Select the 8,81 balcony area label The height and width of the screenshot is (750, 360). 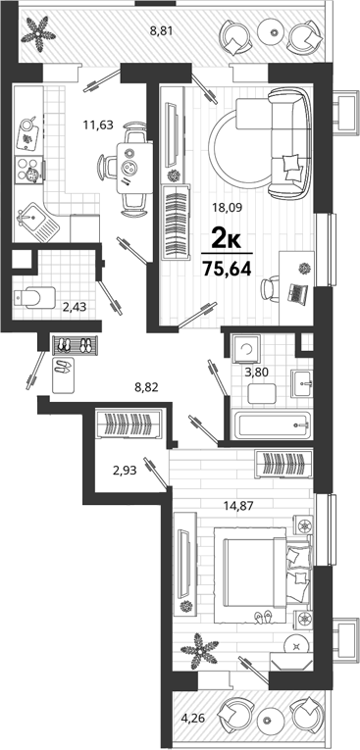[x=161, y=31]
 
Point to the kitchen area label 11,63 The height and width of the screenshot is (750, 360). [x=98, y=125]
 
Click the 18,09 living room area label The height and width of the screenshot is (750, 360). [x=228, y=208]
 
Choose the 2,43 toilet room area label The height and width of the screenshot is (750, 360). [x=75, y=307]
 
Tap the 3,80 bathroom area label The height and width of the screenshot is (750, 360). [x=256, y=372]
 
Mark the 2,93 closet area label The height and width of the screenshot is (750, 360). [x=125, y=471]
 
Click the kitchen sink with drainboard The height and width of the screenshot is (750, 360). [x=37, y=222]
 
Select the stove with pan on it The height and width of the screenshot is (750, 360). [x=29, y=171]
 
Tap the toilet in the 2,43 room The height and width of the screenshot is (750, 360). [x=34, y=297]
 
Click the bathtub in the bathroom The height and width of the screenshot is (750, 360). [x=272, y=424]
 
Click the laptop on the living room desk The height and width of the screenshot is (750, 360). [x=298, y=293]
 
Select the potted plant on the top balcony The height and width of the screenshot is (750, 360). [x=40, y=33]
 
